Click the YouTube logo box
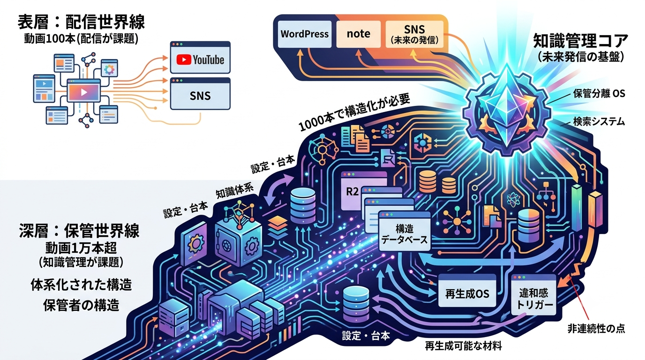(x=200, y=57)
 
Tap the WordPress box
(x=304, y=34)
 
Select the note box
(x=358, y=34)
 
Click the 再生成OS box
(x=467, y=290)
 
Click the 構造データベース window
(x=404, y=232)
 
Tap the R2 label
(x=352, y=192)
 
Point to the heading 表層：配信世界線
(x=81, y=22)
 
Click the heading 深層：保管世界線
(x=80, y=231)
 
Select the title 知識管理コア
(x=580, y=41)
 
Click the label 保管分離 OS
(x=599, y=94)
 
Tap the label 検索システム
(x=599, y=121)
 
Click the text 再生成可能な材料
(x=464, y=345)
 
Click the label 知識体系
(x=234, y=191)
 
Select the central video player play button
(x=84, y=92)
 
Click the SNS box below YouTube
(x=200, y=94)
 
